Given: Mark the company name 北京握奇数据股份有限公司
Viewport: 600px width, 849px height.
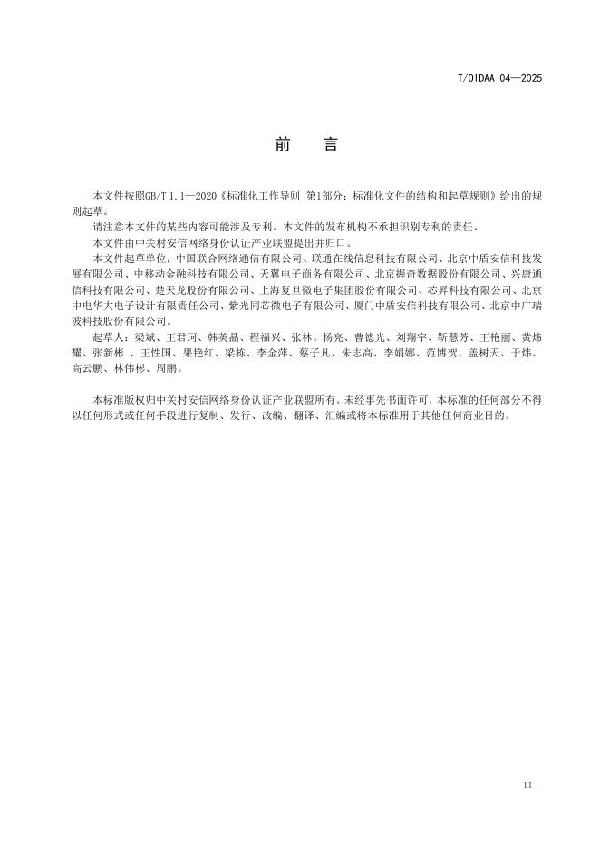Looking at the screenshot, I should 440,273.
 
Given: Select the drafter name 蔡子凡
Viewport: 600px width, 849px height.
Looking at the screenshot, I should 309,352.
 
